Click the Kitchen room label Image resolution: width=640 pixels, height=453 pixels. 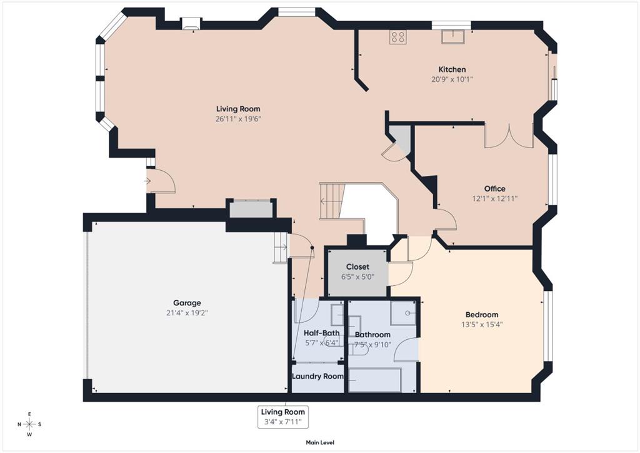tap(452, 69)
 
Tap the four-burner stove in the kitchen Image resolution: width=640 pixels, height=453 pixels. tap(397, 37)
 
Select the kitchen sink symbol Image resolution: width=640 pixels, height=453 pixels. tap(453, 36)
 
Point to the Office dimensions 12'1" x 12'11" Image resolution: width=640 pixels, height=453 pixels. tap(495, 199)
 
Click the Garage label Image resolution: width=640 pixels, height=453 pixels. tap(187, 303)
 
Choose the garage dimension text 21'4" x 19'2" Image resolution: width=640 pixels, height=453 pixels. tap(187, 313)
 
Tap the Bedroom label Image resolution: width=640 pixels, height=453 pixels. tap(482, 315)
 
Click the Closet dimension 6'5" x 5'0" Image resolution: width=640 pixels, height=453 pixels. tap(357, 277)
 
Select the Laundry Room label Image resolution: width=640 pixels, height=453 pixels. tap(317, 376)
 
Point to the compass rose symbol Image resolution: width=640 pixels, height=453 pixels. tap(29, 424)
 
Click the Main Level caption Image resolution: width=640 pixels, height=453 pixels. tap(320, 442)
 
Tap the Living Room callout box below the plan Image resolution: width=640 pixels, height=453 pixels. tap(282, 417)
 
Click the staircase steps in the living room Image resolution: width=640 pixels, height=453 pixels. tap(330, 201)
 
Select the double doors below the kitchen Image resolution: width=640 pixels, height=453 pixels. tap(509, 136)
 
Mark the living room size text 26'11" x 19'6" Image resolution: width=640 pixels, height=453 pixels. tap(238, 120)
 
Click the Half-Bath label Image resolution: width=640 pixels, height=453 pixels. tap(322, 333)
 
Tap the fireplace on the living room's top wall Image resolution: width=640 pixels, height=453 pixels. tap(191, 24)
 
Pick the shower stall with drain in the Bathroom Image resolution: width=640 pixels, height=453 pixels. tap(403, 313)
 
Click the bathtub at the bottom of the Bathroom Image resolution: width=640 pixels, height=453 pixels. tap(374, 380)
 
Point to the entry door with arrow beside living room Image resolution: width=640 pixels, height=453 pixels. tap(160, 181)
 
